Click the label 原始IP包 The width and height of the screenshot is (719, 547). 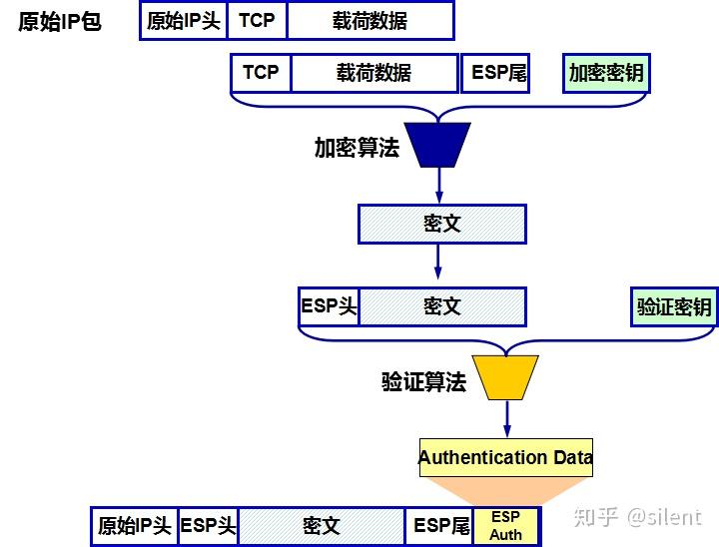60,21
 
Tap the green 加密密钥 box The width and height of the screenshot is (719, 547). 605,73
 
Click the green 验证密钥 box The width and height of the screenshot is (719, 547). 674,306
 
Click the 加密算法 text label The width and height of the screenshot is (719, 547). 357,148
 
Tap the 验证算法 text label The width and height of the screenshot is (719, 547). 423,381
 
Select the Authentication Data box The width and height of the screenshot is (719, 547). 505,458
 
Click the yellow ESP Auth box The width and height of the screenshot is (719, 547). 506,526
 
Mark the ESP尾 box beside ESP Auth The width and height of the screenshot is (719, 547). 440,526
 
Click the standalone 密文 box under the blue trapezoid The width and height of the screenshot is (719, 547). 441,224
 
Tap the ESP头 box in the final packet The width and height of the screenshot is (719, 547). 208,526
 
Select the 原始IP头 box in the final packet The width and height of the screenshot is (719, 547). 134,526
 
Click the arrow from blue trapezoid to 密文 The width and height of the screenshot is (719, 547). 440,186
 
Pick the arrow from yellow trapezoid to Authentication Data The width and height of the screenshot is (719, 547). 506,417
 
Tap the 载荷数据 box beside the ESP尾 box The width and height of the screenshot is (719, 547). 374,73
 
